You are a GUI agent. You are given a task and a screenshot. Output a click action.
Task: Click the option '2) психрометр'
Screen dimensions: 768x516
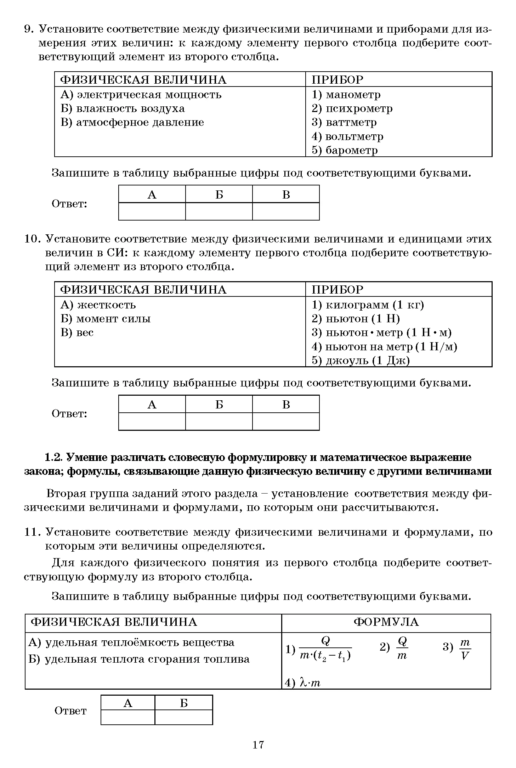point(352,108)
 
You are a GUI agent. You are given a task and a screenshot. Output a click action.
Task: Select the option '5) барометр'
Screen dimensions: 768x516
point(344,150)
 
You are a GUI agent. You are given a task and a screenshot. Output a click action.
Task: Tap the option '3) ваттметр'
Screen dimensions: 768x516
point(344,122)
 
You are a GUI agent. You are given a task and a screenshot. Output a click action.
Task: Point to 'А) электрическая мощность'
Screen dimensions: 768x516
point(141,95)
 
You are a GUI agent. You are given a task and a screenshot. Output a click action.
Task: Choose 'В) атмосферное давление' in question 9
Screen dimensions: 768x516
point(132,122)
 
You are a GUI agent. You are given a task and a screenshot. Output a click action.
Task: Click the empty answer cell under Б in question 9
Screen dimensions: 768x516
point(219,211)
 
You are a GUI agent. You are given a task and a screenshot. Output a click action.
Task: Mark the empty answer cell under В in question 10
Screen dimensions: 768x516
point(286,421)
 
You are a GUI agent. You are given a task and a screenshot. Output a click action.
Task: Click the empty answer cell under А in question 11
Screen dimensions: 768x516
point(128,717)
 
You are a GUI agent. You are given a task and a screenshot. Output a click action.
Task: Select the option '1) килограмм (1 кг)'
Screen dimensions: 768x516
point(368,305)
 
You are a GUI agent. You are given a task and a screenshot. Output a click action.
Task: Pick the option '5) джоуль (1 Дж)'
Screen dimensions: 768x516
point(361,361)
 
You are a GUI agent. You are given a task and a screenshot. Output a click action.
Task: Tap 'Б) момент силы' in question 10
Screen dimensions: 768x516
point(106,319)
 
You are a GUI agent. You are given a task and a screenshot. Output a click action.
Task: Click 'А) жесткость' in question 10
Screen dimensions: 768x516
point(98,305)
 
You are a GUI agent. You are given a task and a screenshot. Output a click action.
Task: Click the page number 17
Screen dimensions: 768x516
point(258,745)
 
